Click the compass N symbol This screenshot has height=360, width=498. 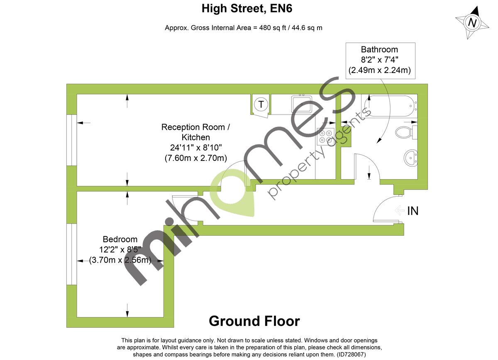[471, 22]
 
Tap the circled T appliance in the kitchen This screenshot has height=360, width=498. [261, 104]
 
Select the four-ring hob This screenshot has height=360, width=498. [325, 136]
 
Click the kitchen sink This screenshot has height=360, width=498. [302, 103]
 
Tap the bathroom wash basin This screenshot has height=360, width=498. [410, 157]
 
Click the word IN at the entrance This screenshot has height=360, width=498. [413, 211]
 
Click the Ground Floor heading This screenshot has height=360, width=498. [254, 321]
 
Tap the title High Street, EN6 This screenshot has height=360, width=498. [249, 8]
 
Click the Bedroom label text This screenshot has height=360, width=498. [120, 239]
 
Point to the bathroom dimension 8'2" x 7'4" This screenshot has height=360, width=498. [380, 60]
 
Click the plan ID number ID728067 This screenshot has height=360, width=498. [350, 355]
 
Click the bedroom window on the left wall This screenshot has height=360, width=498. [70, 254]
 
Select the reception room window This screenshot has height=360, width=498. [70, 140]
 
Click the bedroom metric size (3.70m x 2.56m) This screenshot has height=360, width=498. [120, 260]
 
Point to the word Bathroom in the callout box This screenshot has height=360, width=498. [379, 50]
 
